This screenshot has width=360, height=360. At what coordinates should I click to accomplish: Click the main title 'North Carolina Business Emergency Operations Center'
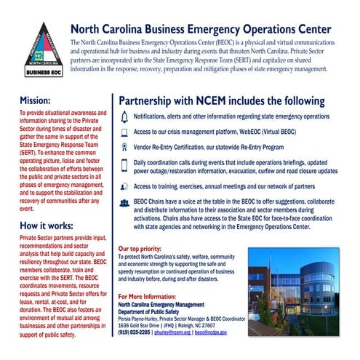201,30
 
